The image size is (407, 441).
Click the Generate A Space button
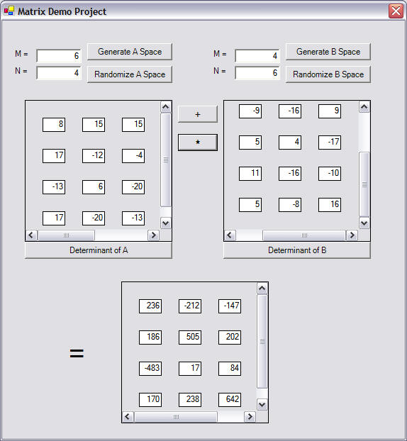[x=130, y=52]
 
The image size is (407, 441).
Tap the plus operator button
[x=198, y=114]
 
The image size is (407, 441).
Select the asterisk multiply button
[x=198, y=143]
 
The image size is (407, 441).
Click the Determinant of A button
[x=99, y=250]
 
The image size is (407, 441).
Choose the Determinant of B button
[x=297, y=250]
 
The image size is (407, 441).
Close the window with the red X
[x=396, y=11]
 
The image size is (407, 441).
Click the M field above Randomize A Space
[x=59, y=56]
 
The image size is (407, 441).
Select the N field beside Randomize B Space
[x=257, y=73]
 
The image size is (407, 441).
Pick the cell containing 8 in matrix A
[x=54, y=125]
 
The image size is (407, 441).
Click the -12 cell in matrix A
[x=94, y=156]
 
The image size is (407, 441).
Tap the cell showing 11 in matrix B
[x=250, y=174]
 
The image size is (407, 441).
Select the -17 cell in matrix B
[x=330, y=143]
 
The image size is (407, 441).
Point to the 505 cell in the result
[x=190, y=337]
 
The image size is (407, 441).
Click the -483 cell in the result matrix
[x=150, y=369]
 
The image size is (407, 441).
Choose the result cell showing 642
[x=230, y=400]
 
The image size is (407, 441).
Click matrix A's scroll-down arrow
[x=166, y=223]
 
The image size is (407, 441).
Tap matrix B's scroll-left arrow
[x=230, y=235]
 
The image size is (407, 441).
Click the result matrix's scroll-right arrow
[x=250, y=416]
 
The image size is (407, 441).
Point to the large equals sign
[x=77, y=353]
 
